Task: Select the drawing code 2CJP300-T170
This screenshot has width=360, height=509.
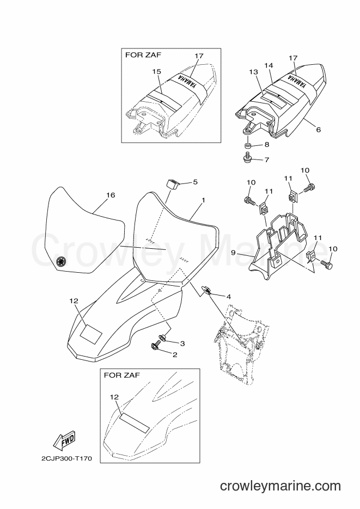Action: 66,459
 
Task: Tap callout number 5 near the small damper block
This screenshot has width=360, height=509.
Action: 195,182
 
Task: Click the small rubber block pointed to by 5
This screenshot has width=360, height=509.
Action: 174,183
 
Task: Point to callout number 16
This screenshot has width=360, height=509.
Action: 111,195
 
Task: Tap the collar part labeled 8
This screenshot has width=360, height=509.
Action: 247,144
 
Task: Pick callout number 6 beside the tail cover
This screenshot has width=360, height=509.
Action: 319,130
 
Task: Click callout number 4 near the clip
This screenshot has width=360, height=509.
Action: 229,297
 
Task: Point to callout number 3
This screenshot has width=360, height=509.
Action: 182,344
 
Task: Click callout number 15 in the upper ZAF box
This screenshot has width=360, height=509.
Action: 157,71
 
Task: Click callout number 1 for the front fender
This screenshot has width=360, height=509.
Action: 203,201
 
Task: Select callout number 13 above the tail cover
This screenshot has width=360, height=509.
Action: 254,71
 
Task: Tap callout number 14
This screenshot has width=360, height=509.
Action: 269,65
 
